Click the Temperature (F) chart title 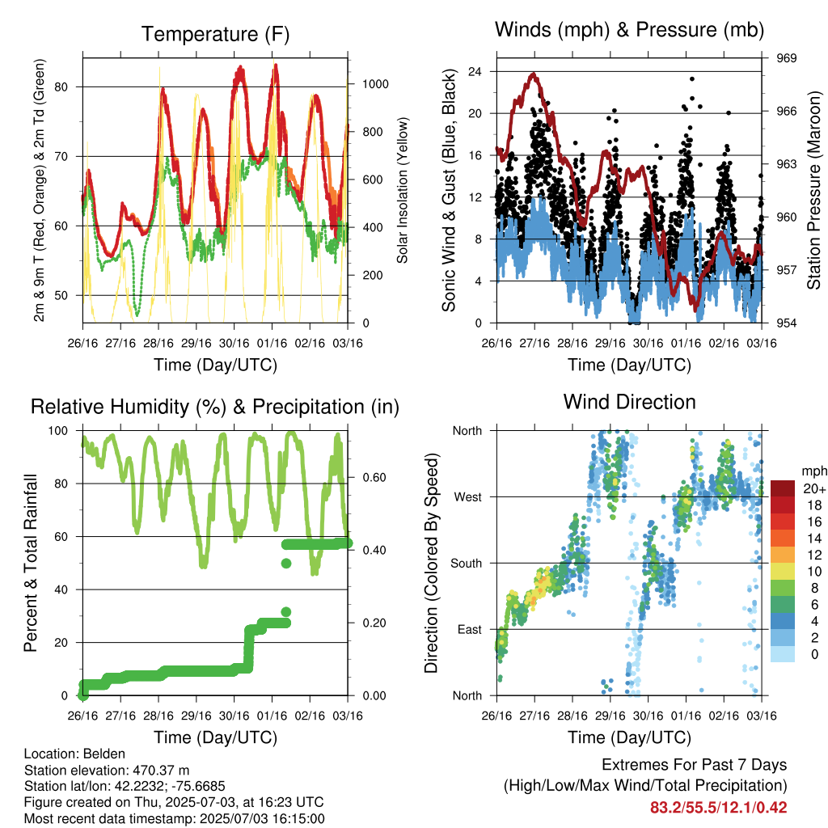pos(215,34)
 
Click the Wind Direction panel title pos(629,402)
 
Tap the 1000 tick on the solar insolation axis pos(375,84)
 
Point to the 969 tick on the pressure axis pos(786,58)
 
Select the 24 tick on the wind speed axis pos(475,71)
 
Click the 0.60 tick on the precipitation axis pos(374,477)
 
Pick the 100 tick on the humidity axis pos(58,431)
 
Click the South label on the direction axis pos(467,564)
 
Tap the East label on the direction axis pos(470,629)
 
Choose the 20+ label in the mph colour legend pos(814,488)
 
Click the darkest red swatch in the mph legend pos(783,488)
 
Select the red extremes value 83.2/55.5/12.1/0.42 pos(718,808)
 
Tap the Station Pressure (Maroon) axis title pos(813,190)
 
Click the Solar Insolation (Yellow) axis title pos(403,190)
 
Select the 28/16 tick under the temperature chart pos(158,343)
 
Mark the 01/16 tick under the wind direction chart pos(686,716)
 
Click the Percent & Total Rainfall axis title pos(31,563)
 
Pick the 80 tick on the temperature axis pos(61,87)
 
